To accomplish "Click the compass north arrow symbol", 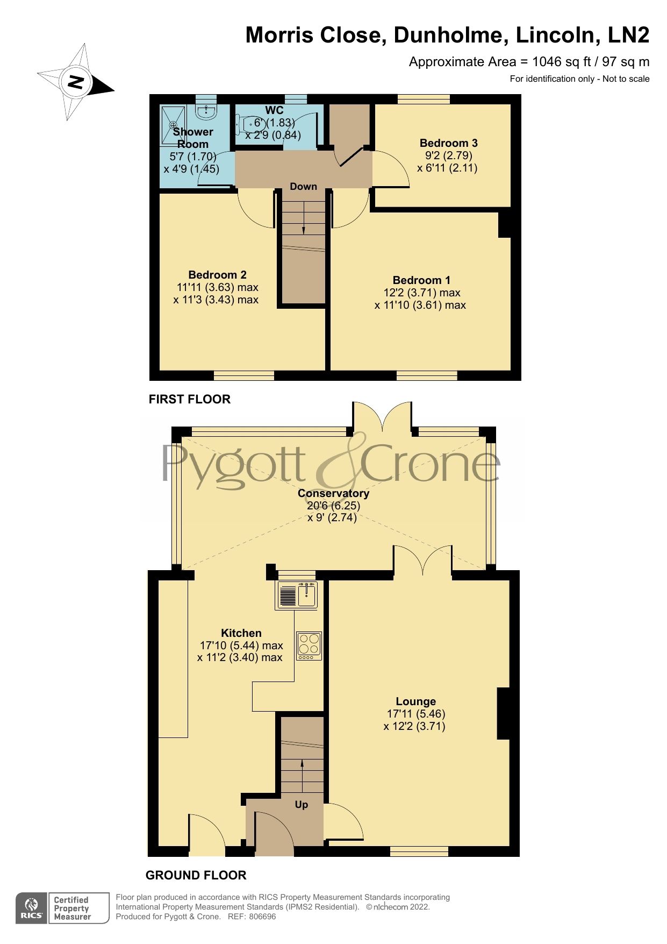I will (x=76, y=82).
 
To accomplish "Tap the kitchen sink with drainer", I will (x=297, y=595).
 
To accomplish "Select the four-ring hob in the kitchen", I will (x=309, y=645).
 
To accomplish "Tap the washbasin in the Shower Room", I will (x=206, y=111).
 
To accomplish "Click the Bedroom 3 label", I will (x=448, y=143).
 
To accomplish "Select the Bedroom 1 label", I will (x=421, y=280).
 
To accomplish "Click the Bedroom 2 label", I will (x=217, y=275).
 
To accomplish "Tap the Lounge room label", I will (x=415, y=701).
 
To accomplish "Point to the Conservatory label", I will (x=333, y=493).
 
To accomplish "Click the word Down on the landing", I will (x=303, y=187).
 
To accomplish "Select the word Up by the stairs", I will (x=302, y=805).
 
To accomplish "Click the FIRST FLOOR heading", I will (x=189, y=399).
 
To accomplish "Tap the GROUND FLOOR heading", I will (x=196, y=876).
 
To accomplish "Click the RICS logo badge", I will (x=32, y=908).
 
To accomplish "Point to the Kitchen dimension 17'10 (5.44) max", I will (x=241, y=645).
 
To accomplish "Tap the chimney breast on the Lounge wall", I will (x=503, y=713).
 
